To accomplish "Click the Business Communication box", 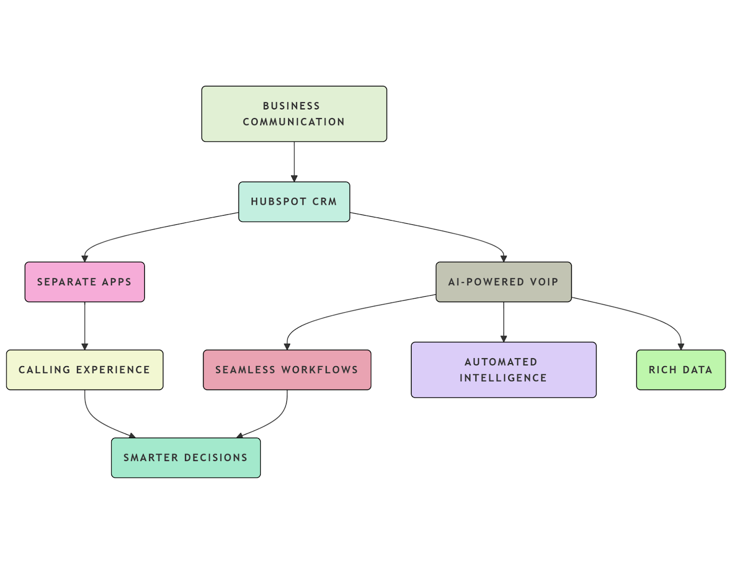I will click(294, 114).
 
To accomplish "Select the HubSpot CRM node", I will click(294, 202).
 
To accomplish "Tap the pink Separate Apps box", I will click(85, 282).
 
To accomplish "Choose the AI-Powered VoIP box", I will click(503, 282).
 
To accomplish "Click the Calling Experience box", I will click(85, 370).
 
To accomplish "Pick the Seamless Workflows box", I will click(287, 370).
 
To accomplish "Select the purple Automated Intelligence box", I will click(503, 370).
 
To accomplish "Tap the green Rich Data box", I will click(680, 370).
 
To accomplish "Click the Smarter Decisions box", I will click(186, 458).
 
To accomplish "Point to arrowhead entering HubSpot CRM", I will click(294, 179).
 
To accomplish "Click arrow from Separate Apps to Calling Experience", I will click(85, 325).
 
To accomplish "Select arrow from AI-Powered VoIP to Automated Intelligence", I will click(504, 320).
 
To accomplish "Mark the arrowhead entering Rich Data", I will click(681, 347).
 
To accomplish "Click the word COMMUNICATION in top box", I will click(294, 122).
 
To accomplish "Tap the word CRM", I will click(324, 202).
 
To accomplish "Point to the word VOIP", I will click(544, 282).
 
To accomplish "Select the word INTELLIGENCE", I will click(503, 378).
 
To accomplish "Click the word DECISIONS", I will click(215, 458).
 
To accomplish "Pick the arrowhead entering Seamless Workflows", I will click(287, 347).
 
